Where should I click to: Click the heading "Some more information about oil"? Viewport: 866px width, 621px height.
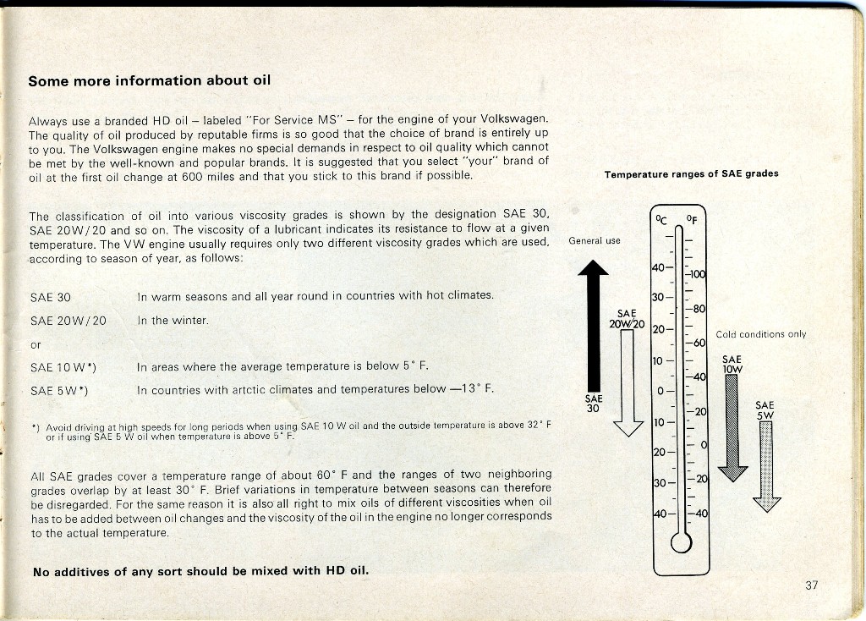[149, 81]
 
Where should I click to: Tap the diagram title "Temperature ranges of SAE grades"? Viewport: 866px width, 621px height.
[691, 174]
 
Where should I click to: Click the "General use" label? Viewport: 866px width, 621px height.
[595, 241]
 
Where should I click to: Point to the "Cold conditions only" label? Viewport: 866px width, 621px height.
[760, 334]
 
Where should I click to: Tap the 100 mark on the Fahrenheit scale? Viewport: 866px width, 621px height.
[698, 275]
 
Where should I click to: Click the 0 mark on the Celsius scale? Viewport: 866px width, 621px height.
[660, 391]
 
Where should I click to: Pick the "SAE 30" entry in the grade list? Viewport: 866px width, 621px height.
[50, 298]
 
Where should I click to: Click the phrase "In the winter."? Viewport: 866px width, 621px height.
[173, 321]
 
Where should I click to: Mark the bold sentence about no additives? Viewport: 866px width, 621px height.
[201, 571]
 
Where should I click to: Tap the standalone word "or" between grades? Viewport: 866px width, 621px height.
[35, 344]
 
